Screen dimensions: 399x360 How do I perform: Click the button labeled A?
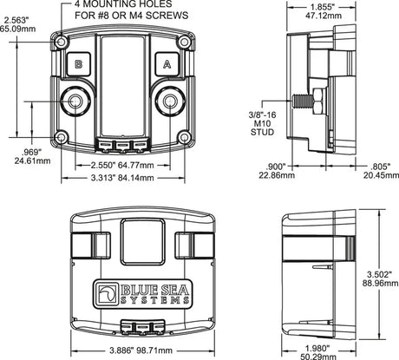167,64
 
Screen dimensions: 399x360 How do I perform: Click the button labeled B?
78,64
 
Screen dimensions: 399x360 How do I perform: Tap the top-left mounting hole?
62,43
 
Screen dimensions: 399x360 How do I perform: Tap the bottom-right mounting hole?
184,137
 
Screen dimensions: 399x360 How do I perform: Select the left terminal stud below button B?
75,101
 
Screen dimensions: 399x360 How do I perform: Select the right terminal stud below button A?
170,101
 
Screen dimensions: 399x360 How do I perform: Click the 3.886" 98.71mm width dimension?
141,350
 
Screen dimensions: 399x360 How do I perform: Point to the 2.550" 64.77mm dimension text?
122,165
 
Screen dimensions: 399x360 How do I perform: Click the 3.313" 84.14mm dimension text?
122,178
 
